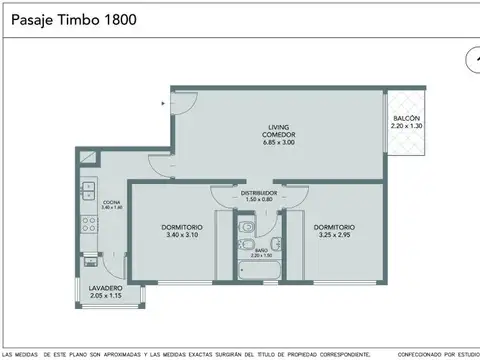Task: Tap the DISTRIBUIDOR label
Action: tap(259, 192)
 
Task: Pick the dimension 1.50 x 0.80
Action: tap(259, 200)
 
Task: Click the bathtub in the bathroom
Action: tap(258, 268)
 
